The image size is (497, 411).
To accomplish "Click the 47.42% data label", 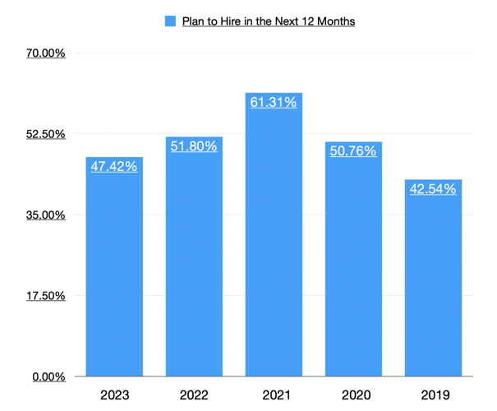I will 114,166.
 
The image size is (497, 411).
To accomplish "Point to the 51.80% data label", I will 194,146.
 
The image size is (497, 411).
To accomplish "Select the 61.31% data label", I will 274,102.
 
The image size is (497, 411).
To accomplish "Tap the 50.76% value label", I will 353,150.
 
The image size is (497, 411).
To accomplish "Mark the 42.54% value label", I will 433,188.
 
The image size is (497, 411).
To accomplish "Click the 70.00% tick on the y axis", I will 46,53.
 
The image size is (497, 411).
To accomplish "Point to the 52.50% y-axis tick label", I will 46,134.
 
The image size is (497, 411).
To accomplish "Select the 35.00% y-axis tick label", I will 46,215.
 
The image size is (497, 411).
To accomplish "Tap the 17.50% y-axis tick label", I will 46,295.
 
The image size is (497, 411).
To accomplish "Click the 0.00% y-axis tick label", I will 48,376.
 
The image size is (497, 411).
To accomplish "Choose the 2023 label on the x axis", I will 114,395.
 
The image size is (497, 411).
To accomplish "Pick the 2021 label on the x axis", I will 274,395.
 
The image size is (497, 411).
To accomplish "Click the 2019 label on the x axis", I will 433,395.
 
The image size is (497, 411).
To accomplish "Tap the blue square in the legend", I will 170,21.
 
